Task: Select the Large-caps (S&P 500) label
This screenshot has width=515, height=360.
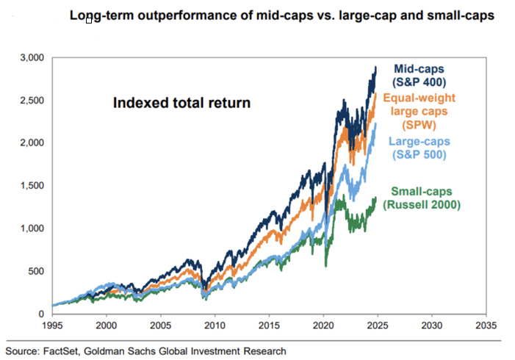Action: click(420, 147)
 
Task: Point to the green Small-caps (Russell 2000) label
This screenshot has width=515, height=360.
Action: click(425, 198)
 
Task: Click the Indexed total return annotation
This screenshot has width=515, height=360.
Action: click(181, 103)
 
